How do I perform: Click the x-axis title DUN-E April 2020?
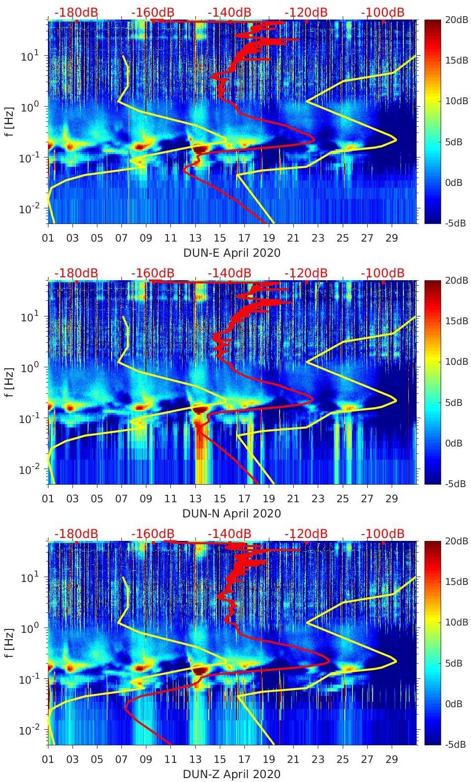[x=232, y=253]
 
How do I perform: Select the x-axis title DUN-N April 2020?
[x=232, y=514]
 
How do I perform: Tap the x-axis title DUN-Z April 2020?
[x=232, y=774]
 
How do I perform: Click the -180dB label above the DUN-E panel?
[x=76, y=12]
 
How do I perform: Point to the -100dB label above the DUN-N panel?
[x=383, y=273]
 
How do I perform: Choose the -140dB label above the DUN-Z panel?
[x=229, y=534]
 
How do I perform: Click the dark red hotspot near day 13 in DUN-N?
[x=199, y=409]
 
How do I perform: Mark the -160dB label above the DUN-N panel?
[x=153, y=273]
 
